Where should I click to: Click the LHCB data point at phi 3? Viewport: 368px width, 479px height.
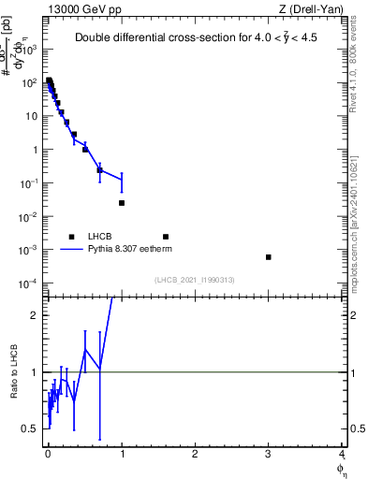(x=269, y=257)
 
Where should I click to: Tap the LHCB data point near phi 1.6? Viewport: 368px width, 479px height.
(x=166, y=237)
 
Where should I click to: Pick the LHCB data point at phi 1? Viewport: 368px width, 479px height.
(x=122, y=203)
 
